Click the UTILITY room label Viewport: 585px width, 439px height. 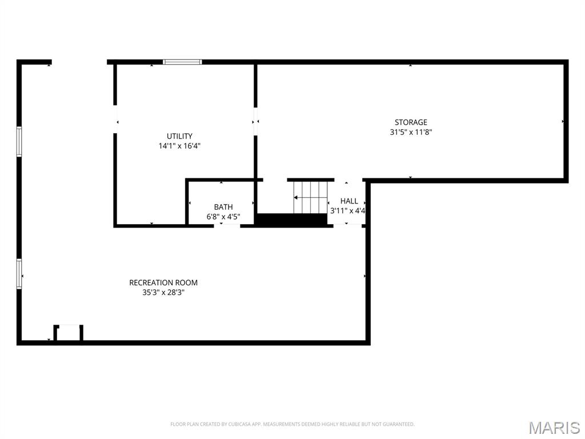point(179,136)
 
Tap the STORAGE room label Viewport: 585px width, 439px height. point(411,122)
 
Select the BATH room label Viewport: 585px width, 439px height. point(223,207)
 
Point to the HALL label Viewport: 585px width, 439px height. point(349,201)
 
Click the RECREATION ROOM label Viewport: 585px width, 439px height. point(163,282)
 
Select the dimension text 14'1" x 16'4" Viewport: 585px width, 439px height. point(179,146)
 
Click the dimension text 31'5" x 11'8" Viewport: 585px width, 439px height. point(411,132)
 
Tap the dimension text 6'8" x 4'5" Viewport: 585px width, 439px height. point(223,217)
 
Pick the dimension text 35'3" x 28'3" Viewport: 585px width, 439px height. point(163,292)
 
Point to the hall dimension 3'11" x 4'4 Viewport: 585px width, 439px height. point(348,210)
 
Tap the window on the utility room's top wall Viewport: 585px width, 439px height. point(182,62)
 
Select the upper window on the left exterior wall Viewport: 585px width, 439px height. point(19,142)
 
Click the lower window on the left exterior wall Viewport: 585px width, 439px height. point(19,274)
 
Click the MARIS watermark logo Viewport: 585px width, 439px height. point(554,427)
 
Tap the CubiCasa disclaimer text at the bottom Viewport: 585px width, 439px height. point(292,424)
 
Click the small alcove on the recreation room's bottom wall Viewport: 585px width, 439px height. point(69,333)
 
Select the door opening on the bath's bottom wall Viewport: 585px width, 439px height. point(227,226)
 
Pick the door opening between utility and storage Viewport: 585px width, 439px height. point(256,121)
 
